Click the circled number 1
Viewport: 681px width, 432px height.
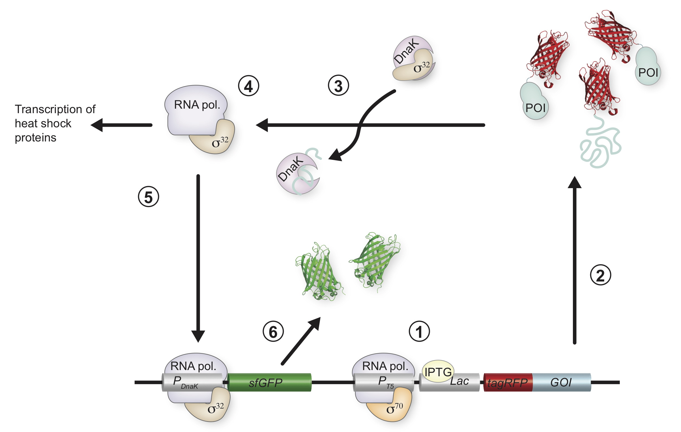[419, 331]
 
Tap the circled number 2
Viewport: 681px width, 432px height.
[600, 275]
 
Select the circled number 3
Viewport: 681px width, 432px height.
[338, 85]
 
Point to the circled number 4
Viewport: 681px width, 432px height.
[248, 86]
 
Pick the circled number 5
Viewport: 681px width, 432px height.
[149, 196]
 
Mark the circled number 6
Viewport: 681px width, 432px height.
[273, 331]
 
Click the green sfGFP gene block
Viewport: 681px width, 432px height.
[269, 382]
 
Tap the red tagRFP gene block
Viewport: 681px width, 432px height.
[508, 382]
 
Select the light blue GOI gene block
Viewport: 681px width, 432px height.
[562, 382]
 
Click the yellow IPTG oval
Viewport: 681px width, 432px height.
[438, 371]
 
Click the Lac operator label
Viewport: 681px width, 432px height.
[459, 381]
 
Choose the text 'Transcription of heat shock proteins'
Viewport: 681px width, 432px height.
[55, 123]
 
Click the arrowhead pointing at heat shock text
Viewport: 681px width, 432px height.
[97, 125]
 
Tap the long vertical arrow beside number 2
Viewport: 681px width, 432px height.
[575, 260]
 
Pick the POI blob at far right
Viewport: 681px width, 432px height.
[648, 66]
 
